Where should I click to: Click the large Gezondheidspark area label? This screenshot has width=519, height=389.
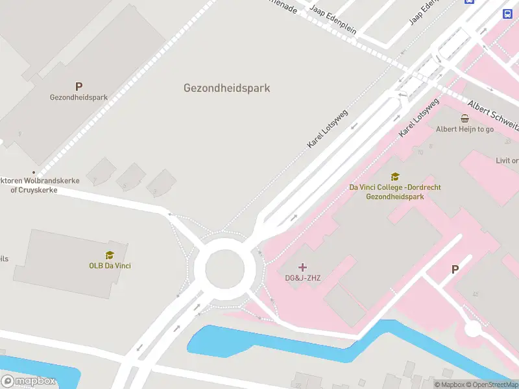tap(226, 88)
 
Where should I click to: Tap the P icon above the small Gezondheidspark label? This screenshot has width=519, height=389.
tap(79, 86)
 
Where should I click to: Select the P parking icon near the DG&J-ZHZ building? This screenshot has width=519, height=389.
tap(455, 270)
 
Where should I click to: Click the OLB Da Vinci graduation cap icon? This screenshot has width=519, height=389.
tap(110, 255)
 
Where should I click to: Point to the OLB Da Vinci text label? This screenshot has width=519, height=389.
tap(110, 265)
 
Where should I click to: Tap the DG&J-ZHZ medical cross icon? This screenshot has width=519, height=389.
tap(302, 267)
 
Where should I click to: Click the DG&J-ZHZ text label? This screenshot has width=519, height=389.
tap(303, 278)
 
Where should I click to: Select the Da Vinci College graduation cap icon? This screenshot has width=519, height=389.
tap(395, 176)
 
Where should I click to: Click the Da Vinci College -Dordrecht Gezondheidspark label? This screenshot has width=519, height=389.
tap(395, 191)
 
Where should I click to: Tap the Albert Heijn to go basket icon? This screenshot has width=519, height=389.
tap(465, 119)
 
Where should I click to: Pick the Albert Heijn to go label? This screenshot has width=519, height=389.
tap(465, 129)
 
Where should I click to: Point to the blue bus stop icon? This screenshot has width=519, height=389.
tap(507, 14)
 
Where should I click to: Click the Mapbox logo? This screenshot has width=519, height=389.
tap(29, 381)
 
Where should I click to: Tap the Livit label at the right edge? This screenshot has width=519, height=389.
tap(507, 161)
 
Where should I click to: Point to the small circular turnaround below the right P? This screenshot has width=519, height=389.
tap(473, 329)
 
